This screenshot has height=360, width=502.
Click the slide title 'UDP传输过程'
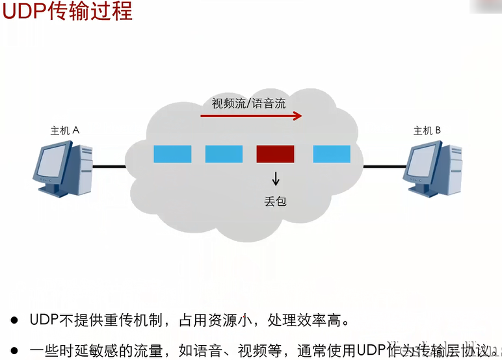click(x=67, y=12)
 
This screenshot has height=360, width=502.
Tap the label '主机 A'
click(x=64, y=131)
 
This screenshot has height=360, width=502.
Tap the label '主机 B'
click(x=427, y=131)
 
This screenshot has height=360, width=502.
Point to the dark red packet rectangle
click(x=275, y=154)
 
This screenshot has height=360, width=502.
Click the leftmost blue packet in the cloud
click(x=172, y=154)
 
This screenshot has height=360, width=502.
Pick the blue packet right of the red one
click(x=332, y=154)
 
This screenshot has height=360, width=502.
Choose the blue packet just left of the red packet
click(x=224, y=154)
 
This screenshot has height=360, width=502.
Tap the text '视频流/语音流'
click(x=248, y=103)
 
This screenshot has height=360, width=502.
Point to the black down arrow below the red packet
click(x=276, y=177)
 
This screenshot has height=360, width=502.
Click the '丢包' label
click(x=276, y=201)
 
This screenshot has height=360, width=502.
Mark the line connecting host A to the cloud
click(x=109, y=166)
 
